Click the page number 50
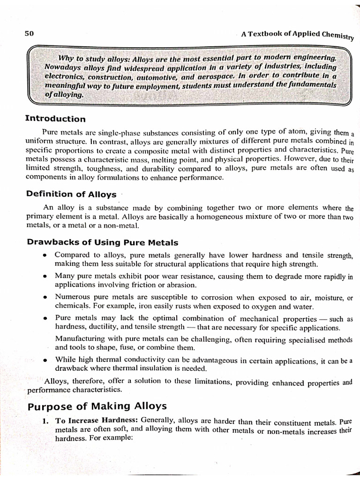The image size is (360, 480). click(30, 33)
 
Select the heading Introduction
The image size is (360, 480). click(55, 119)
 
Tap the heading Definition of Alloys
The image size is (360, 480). click(71, 194)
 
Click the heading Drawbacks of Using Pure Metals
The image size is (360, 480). click(103, 242)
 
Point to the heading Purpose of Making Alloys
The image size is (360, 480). click(97, 405)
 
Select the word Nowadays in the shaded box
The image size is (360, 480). click(61, 67)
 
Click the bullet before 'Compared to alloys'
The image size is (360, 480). click(44, 256)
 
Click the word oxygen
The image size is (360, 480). click(264, 307)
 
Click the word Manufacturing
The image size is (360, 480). click(79, 338)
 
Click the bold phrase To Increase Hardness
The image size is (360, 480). click(96, 420)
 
